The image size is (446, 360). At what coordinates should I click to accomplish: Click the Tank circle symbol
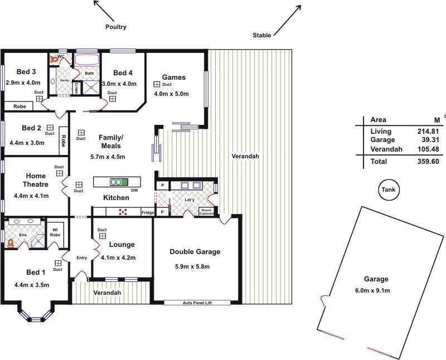pyautogui.click(x=388, y=190)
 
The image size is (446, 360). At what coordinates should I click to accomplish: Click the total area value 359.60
pyautogui.click(x=428, y=162)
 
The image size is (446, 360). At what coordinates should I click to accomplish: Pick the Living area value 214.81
pyautogui.click(x=428, y=132)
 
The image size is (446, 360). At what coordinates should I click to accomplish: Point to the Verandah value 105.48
pyautogui.click(x=428, y=149)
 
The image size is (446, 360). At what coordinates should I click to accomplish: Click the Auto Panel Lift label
pyautogui.click(x=198, y=303)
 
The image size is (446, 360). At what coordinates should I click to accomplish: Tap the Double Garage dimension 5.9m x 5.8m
pyautogui.click(x=192, y=267)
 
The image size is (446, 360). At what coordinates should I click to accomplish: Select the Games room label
pyautogui.click(x=173, y=77)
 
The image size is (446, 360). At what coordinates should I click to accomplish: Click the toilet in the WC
pyautogui.click(x=55, y=57)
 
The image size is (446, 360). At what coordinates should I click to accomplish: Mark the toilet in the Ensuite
pyautogui.click(x=10, y=243)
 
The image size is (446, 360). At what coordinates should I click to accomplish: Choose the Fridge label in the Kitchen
pyautogui.click(x=147, y=213)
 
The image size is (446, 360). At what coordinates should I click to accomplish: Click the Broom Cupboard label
pyautogui.click(x=207, y=212)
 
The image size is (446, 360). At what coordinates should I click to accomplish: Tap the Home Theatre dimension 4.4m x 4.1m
pyautogui.click(x=31, y=196)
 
